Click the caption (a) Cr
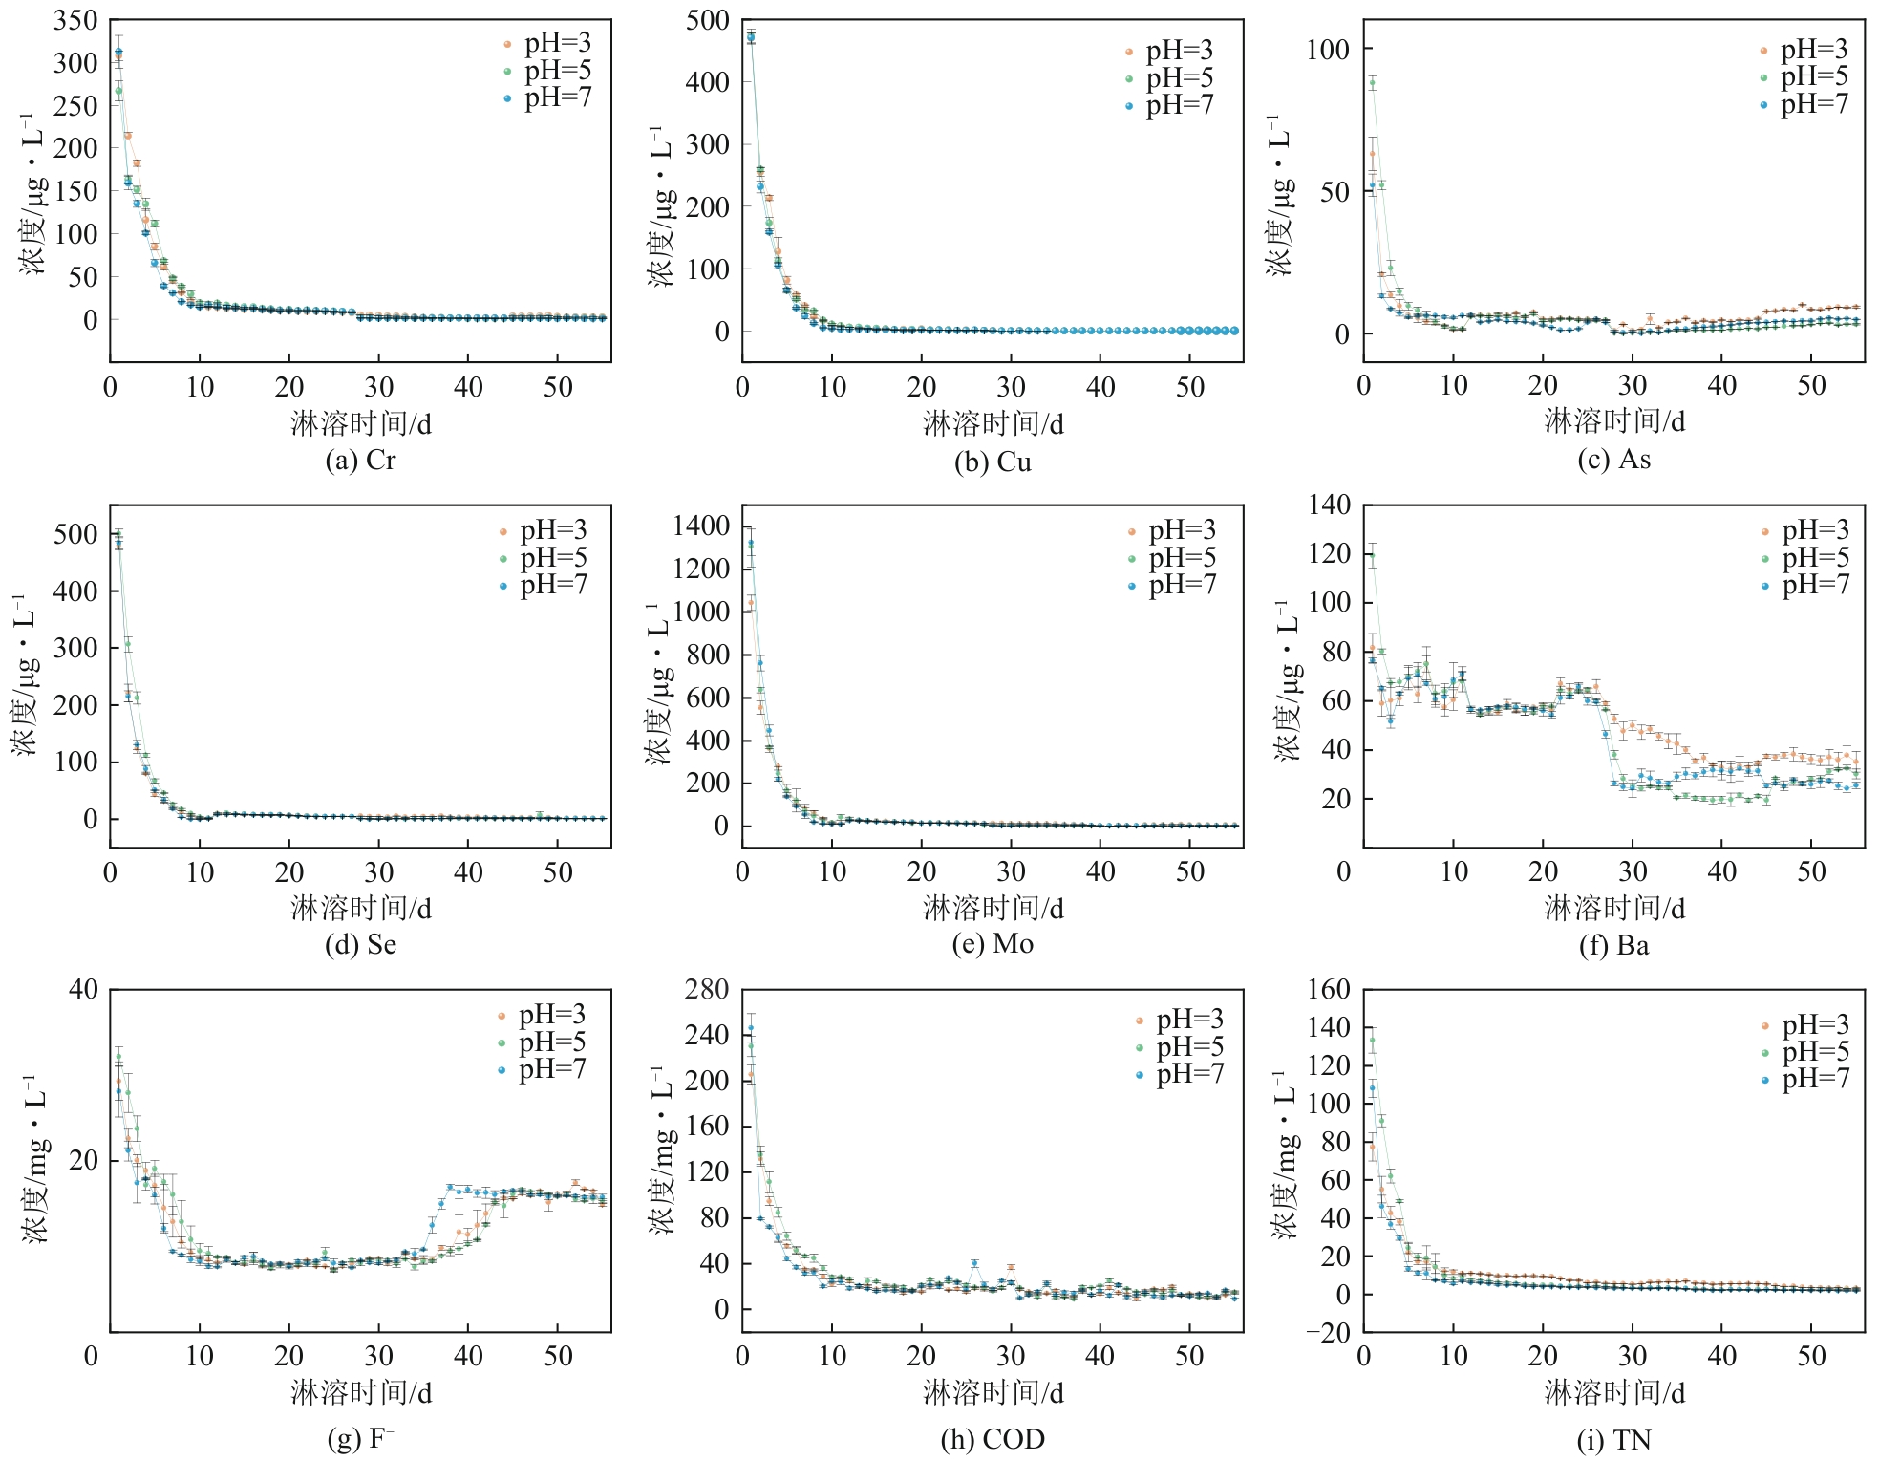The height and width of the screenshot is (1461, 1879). [360, 461]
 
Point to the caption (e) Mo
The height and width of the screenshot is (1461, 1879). [993, 944]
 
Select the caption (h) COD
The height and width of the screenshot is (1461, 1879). [993, 1439]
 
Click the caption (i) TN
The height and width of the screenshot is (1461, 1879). [1613, 1440]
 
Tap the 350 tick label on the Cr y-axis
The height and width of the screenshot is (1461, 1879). [75, 20]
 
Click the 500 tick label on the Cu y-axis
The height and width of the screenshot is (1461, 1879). [707, 20]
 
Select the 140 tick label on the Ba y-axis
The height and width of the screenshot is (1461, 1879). [1329, 505]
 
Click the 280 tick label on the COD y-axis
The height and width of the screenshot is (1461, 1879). [707, 989]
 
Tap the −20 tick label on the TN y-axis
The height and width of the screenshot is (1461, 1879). [1329, 1333]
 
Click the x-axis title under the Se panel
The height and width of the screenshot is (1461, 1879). [360, 908]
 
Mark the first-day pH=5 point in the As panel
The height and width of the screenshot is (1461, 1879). [1373, 83]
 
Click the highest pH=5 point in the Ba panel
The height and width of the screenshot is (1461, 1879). [1373, 554]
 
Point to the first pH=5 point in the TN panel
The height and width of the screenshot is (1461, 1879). [1373, 1040]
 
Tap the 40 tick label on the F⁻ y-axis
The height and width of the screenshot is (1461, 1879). [84, 989]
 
